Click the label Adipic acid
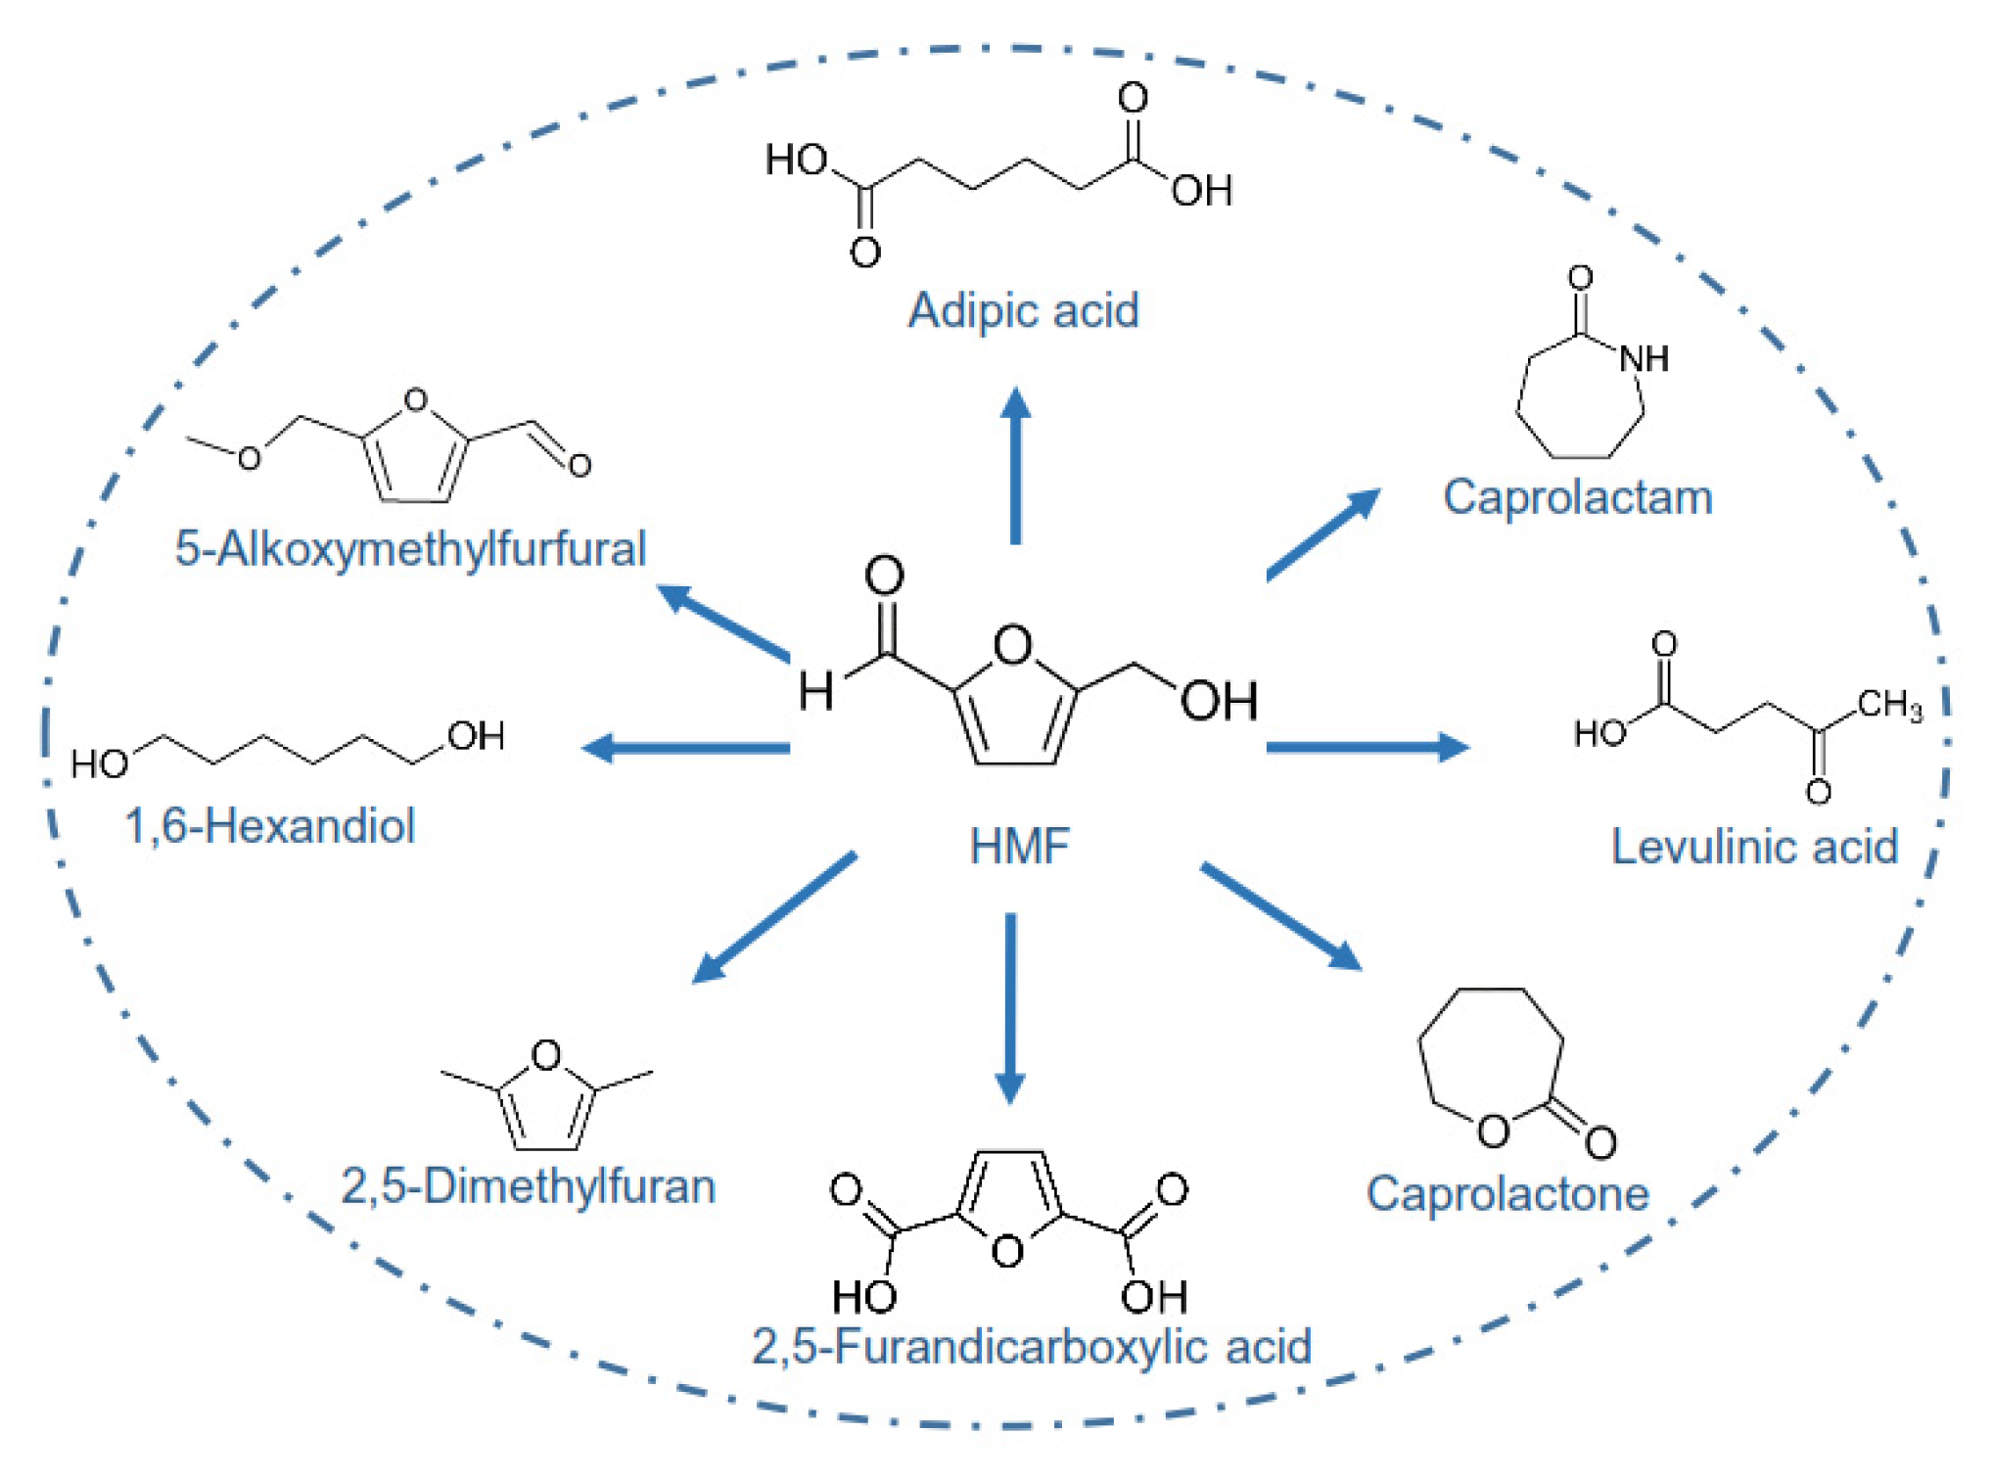1023,310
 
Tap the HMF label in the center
1018,846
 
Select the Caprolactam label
1577,497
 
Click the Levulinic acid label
1753,847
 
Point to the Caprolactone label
1506,1193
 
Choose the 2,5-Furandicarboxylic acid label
1031,1346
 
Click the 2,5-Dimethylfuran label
528,1185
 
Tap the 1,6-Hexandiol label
269,825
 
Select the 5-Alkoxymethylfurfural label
410,548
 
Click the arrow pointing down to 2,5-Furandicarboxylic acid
1010,1008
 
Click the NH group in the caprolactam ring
1644,358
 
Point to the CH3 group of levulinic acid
1888,704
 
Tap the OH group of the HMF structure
1218,701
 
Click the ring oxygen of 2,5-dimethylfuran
545,1054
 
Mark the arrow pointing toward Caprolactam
1323,533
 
